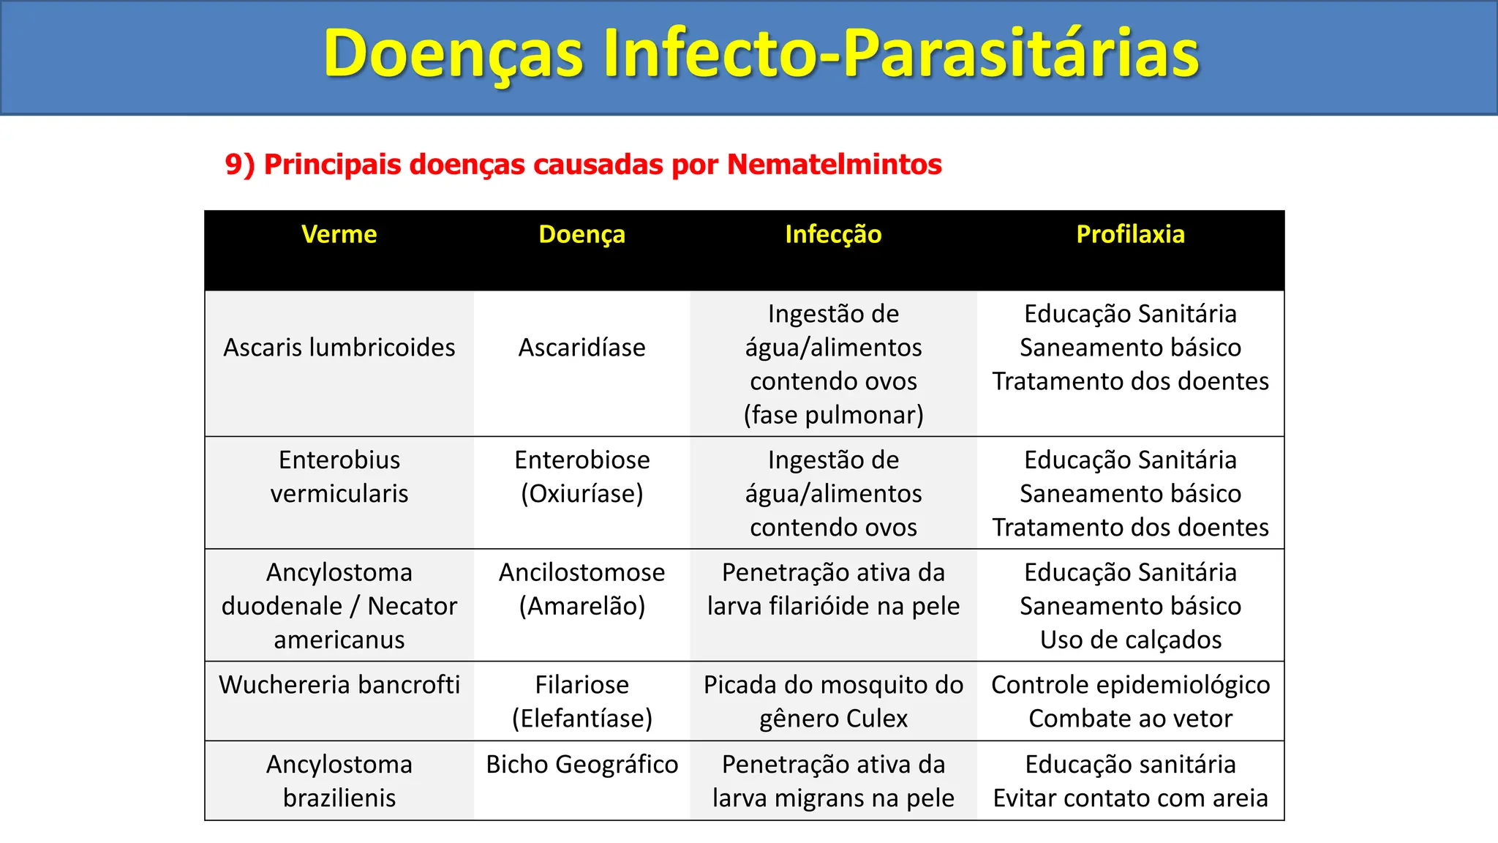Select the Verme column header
[339, 234]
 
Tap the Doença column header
[581, 234]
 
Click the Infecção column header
[833, 234]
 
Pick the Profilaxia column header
[1130, 234]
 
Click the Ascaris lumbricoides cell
[339, 348]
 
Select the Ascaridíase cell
[581, 348]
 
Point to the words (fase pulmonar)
[833, 415]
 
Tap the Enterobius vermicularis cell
[339, 476]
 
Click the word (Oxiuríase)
[581, 494]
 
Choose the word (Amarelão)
[581, 606]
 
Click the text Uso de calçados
[1130, 640]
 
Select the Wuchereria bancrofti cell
[339, 685]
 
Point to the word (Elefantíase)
[581, 719]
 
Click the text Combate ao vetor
[1130, 719]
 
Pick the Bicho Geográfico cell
[581, 765]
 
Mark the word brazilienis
[339, 798]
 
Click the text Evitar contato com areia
[1130, 798]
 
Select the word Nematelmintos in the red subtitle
[834, 164]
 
